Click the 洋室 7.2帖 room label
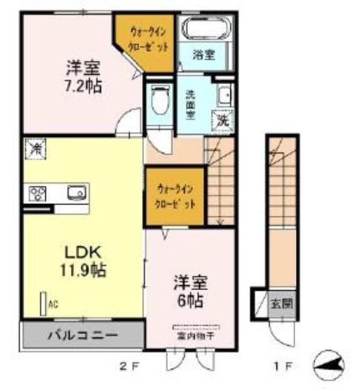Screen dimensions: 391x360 pyautogui.click(x=84, y=74)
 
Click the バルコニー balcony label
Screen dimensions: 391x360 pyautogui.click(x=84, y=335)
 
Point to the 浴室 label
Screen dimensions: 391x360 pyautogui.click(x=204, y=54)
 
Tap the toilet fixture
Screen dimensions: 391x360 pyautogui.click(x=160, y=100)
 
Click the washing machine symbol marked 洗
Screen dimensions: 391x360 pyautogui.click(x=223, y=120)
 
